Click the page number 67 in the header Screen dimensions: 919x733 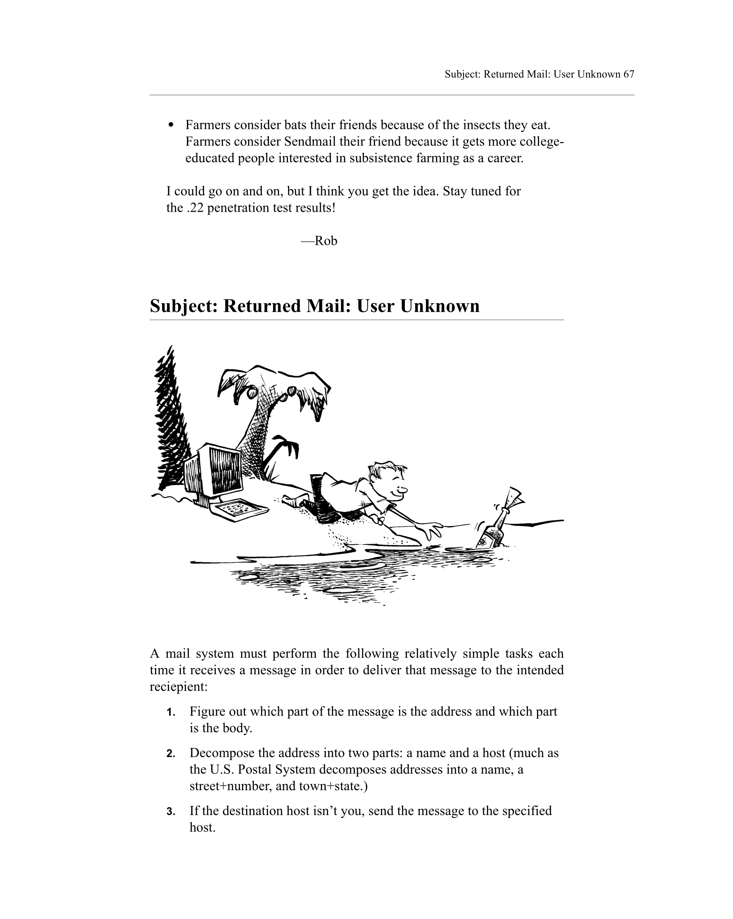[x=629, y=74]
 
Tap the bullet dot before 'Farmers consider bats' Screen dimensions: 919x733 [x=171, y=125]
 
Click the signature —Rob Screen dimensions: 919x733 [x=319, y=241]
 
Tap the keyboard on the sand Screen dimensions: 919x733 [x=241, y=509]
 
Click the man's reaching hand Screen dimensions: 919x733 [x=431, y=530]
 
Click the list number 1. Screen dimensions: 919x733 [x=171, y=712]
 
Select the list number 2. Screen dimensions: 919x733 [x=171, y=754]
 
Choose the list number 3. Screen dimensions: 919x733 [x=171, y=812]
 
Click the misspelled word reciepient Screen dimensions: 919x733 [x=178, y=687]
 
